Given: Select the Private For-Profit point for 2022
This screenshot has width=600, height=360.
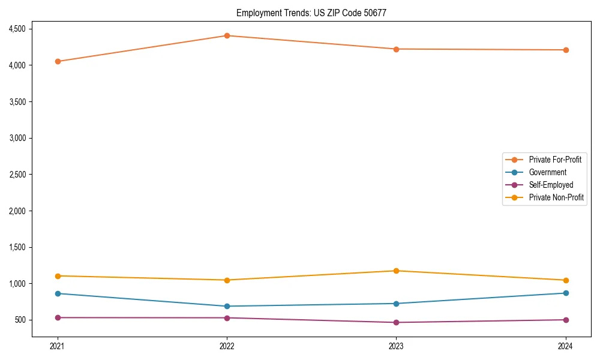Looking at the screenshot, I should [x=227, y=35].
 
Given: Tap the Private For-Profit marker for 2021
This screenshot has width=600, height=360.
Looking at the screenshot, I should [x=58, y=61].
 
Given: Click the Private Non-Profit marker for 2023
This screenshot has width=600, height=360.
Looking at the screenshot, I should [x=396, y=271].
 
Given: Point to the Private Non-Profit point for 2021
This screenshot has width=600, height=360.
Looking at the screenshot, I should [x=58, y=276].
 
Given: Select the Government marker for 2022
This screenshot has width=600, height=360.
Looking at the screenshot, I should [x=227, y=306].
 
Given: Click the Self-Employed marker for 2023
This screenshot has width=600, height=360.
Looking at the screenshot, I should [x=396, y=322].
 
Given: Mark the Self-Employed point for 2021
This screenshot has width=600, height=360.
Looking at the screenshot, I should [x=58, y=317].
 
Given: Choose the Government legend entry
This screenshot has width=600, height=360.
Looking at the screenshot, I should [x=547, y=172].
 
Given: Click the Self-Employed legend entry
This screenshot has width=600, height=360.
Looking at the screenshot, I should [x=551, y=185].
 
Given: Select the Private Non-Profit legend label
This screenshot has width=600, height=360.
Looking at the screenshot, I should [x=556, y=197].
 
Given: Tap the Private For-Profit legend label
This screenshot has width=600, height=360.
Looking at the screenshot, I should [x=555, y=160].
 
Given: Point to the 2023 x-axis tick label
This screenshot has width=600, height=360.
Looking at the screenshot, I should [x=396, y=346].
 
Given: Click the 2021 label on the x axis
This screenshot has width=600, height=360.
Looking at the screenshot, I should [x=58, y=346].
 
